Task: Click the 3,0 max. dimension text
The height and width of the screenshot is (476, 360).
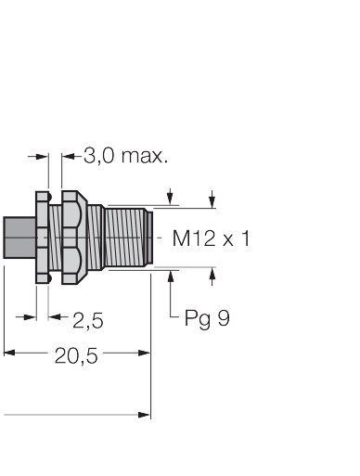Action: point(126,156)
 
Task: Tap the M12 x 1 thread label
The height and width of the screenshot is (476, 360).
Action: point(211,238)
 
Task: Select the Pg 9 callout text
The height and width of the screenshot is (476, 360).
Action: point(207,318)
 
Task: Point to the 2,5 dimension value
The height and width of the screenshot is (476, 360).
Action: point(88,320)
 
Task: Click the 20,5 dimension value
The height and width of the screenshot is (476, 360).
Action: point(76,355)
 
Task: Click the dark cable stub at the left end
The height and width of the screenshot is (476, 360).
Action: point(19,238)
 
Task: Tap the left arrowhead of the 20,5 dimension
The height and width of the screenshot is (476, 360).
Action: point(9,353)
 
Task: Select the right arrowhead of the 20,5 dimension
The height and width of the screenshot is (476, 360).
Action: point(145,353)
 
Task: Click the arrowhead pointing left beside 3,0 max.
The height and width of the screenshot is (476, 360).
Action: point(68,156)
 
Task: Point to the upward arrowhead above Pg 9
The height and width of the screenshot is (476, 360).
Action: point(171,276)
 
